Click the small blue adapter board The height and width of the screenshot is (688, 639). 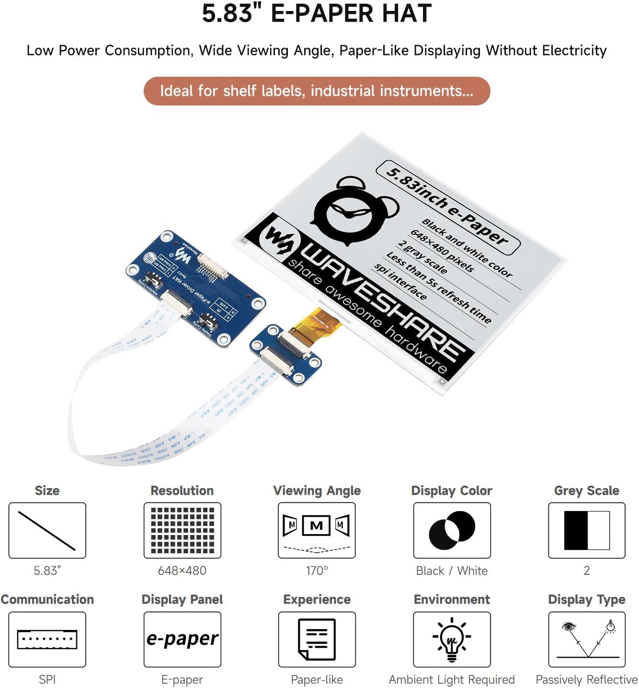point(285,354)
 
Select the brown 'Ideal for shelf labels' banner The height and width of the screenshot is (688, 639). point(317,91)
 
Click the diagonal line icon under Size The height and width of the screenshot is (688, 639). point(47,530)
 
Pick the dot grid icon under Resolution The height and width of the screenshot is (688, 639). point(182,530)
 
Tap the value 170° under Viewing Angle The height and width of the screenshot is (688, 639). point(317,571)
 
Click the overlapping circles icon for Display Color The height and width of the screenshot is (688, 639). point(452,530)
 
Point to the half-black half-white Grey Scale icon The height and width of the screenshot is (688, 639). point(587,530)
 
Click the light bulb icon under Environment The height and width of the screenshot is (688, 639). point(452,640)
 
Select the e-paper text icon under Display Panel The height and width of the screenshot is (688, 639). point(182,640)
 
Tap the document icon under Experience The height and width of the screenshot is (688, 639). point(317,640)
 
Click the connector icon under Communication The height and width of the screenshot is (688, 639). point(47,640)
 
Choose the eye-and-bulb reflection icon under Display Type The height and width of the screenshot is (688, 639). point(587,640)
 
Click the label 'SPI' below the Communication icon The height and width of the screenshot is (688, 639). point(47,679)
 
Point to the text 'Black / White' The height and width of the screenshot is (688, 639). point(452,571)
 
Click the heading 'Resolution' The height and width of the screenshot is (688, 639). point(182,490)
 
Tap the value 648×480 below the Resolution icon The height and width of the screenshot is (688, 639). point(182,571)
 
